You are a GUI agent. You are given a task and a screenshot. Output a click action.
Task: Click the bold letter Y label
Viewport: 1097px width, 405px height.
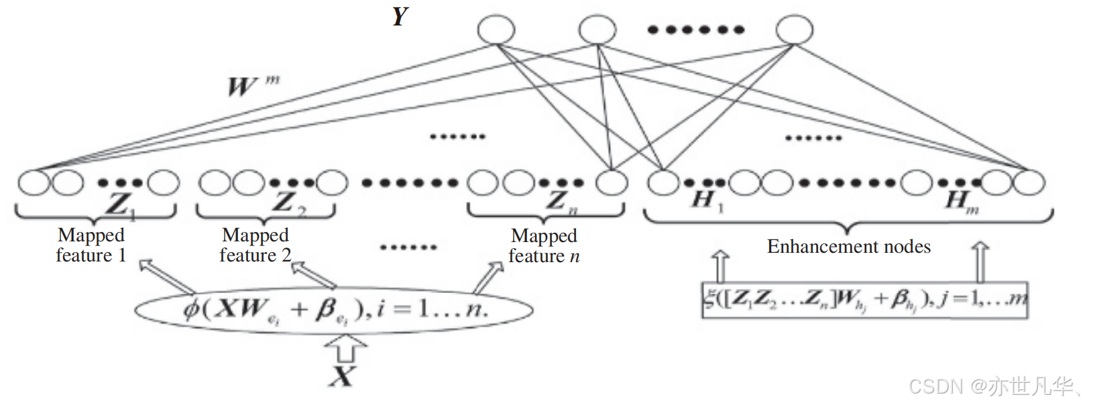click(400, 16)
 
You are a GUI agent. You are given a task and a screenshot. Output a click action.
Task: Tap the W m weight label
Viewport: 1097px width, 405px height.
click(251, 86)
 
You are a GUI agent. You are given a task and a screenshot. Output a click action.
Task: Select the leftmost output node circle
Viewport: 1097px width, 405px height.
click(496, 30)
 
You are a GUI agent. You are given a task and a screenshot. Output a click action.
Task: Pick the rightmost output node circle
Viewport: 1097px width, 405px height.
click(795, 30)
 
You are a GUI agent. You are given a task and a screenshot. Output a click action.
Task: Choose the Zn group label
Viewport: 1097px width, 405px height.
click(561, 201)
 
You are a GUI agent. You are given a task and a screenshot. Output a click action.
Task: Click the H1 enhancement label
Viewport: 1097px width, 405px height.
click(707, 200)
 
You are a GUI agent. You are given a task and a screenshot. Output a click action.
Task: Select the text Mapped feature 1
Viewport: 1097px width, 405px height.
click(91, 245)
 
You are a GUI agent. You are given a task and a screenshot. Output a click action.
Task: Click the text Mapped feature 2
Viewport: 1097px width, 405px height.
click(255, 245)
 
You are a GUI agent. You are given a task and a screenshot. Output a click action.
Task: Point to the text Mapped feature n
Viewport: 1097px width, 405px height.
click(544, 246)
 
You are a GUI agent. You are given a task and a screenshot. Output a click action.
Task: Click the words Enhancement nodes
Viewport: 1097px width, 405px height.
click(849, 247)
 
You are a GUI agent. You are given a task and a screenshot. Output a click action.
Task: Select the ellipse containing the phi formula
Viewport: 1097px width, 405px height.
click(334, 310)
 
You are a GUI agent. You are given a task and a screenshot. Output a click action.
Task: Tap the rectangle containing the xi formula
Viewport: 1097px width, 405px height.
click(865, 299)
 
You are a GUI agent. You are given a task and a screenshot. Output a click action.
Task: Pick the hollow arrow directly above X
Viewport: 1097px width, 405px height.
click(345, 348)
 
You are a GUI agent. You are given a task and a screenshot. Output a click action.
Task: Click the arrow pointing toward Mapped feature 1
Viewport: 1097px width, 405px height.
click(164, 275)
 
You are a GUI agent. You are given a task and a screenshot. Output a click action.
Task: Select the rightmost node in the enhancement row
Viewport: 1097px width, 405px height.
click(1029, 182)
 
